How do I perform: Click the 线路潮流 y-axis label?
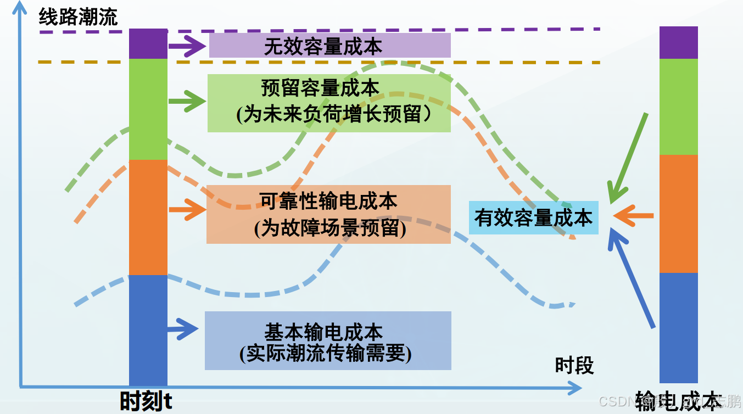(x=78, y=18)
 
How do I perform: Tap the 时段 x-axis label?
(x=574, y=365)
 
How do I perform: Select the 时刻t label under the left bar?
(x=146, y=401)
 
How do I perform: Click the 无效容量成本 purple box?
(x=329, y=46)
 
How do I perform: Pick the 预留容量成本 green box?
(x=329, y=103)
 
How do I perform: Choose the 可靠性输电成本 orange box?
(x=328, y=214)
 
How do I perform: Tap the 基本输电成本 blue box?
(x=328, y=340)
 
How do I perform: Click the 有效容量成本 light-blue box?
(x=533, y=218)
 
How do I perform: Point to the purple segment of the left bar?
(x=148, y=44)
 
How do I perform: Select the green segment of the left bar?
(x=148, y=109)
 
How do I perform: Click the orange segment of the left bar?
(x=148, y=217)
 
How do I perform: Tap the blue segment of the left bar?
(x=148, y=329)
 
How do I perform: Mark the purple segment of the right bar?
(x=678, y=42)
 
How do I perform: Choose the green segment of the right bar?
(x=678, y=107)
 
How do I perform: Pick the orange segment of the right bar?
(x=678, y=214)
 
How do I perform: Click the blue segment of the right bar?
(x=678, y=327)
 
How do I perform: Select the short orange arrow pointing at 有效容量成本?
(x=633, y=216)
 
